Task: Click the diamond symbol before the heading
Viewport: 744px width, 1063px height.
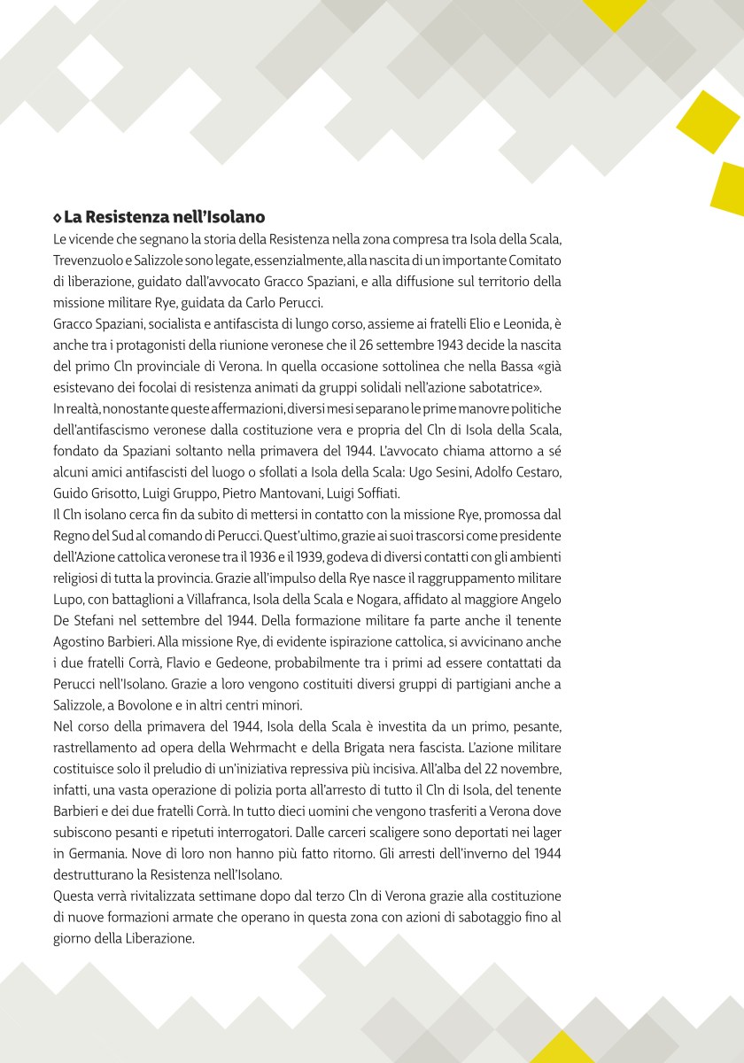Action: pos(58,217)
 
